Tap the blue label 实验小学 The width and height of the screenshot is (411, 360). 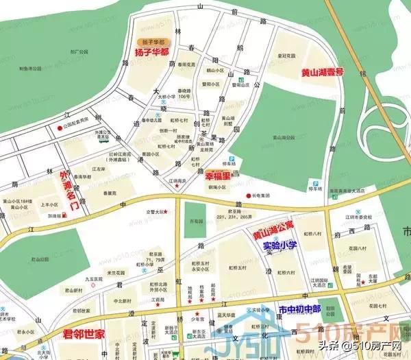click(279, 245)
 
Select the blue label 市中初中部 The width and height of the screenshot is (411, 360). click(299, 311)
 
